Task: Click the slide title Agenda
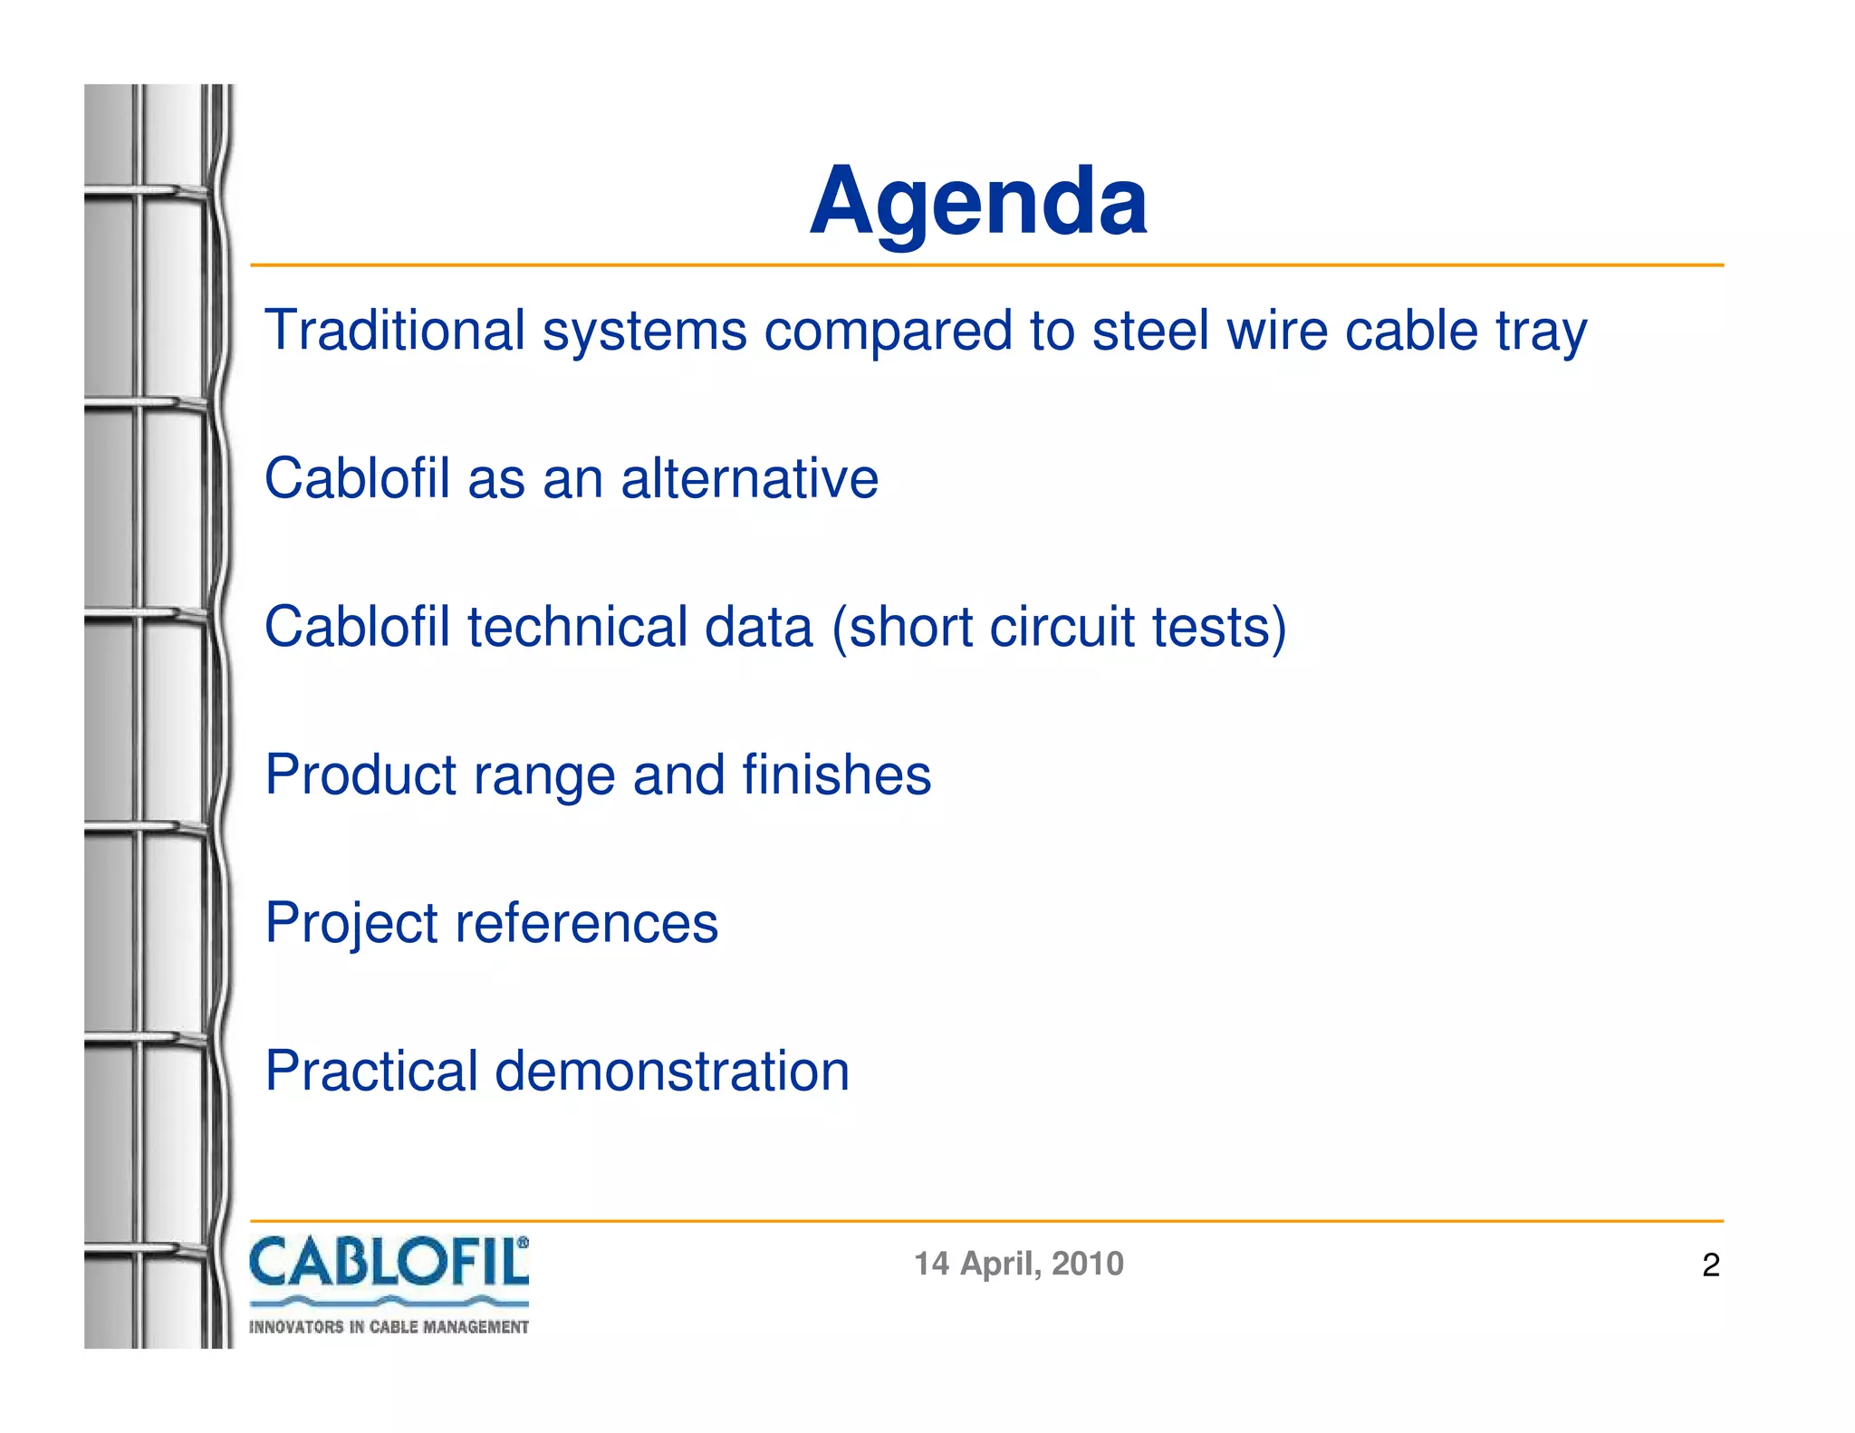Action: tap(978, 201)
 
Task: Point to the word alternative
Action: tap(749, 478)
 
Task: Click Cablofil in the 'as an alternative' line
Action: tap(357, 478)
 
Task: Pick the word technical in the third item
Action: tap(577, 627)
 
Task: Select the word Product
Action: tap(360, 775)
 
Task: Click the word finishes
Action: tap(836, 775)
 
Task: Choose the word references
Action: tap(586, 924)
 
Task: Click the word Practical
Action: tap(371, 1072)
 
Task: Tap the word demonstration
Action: tap(672, 1072)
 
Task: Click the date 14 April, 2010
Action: tap(1018, 1264)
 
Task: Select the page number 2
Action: tap(1710, 1265)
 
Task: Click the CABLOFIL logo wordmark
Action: tap(385, 1263)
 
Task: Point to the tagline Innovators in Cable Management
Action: tap(389, 1327)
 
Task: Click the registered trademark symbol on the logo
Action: tap(523, 1244)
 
